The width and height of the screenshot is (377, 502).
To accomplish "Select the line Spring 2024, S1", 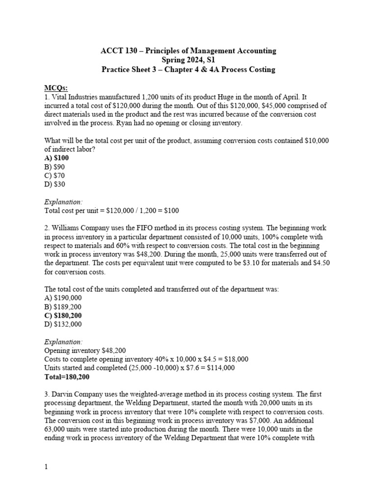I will point(188,60).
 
